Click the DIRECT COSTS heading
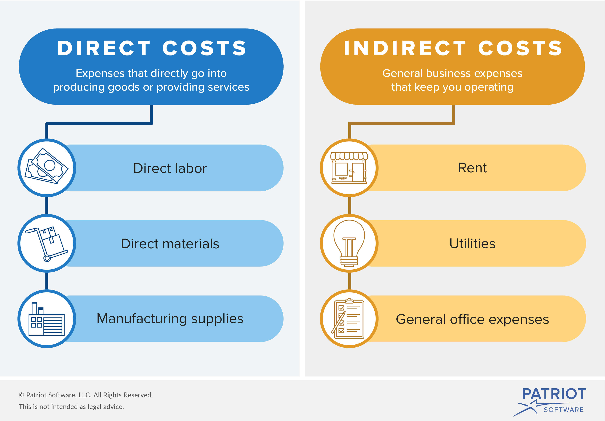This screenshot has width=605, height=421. tap(152, 48)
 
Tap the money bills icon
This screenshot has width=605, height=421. tap(46, 166)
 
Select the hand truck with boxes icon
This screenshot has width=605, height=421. tap(47, 244)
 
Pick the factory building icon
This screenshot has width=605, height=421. tap(47, 319)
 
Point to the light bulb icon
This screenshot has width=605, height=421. tap(349, 243)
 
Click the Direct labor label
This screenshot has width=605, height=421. tap(170, 168)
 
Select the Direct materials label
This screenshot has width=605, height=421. tap(170, 244)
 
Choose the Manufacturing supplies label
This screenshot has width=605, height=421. tap(170, 319)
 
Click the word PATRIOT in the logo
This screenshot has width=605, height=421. tap(554, 394)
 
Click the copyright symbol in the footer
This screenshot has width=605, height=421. tap(22, 395)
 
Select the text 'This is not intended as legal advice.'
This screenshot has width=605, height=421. tap(71, 407)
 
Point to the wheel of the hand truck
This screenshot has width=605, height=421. tap(47, 258)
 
